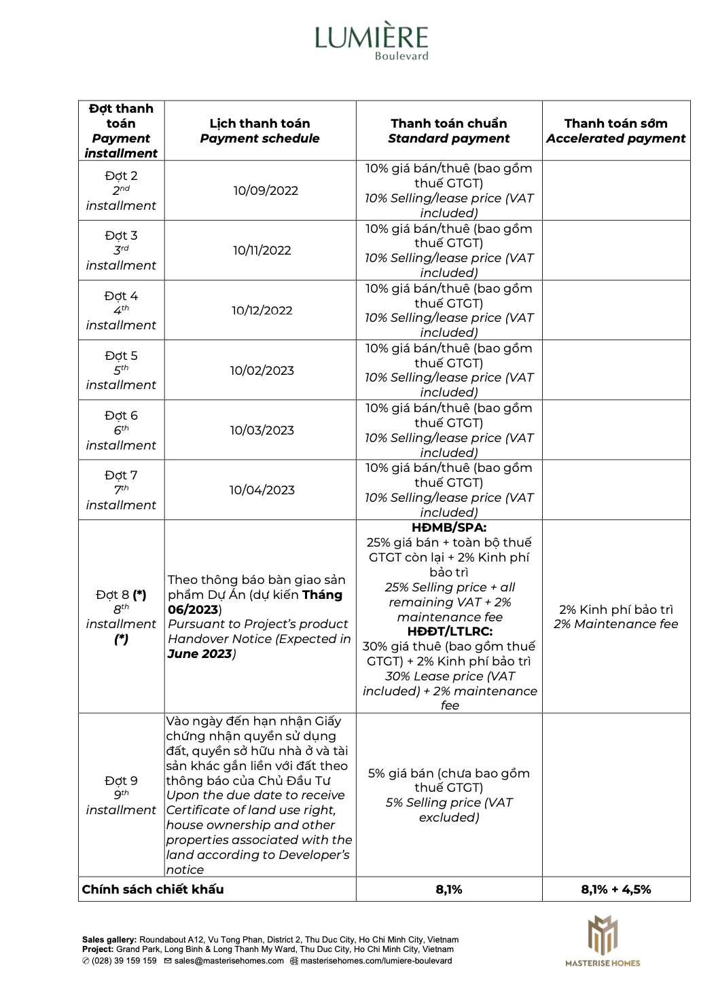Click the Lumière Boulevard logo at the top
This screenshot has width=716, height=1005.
(x=372, y=41)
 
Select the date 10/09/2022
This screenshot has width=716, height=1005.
(x=266, y=191)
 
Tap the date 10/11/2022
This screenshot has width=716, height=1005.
(x=262, y=251)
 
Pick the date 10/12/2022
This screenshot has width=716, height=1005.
(x=262, y=310)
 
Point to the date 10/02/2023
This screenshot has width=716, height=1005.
(x=262, y=370)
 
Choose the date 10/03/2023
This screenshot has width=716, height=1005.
(x=262, y=430)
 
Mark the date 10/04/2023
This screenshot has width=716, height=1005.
(x=262, y=490)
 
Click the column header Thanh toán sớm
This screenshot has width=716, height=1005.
(x=615, y=124)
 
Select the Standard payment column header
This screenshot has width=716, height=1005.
(x=448, y=139)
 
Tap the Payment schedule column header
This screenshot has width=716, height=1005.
(x=259, y=139)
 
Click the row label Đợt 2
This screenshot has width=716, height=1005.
(x=121, y=176)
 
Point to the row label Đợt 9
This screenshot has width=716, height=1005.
(x=121, y=781)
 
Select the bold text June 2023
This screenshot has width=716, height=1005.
(x=200, y=654)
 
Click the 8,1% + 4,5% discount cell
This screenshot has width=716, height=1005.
(x=615, y=890)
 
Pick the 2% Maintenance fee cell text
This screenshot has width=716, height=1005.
(x=615, y=624)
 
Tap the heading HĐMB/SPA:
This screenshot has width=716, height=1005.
(x=448, y=528)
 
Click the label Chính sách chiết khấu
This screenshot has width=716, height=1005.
(x=153, y=890)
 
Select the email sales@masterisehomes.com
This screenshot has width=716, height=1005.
(x=229, y=961)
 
